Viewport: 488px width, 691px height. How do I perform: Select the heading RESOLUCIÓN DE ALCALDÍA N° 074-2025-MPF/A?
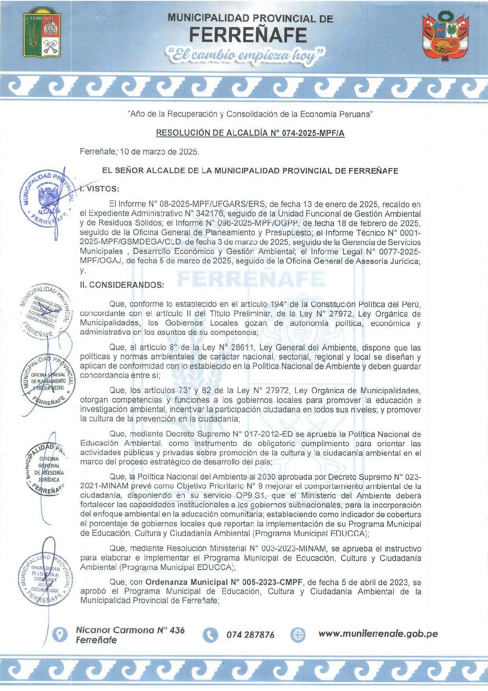tap(250, 133)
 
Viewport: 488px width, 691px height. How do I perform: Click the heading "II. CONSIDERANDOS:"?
tap(122, 284)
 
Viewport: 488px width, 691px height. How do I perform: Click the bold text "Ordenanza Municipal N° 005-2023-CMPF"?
tap(224, 582)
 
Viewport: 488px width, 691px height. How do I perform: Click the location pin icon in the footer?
tap(60, 634)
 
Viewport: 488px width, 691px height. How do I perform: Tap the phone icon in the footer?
tap(210, 635)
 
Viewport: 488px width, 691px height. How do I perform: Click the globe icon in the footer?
tap(298, 635)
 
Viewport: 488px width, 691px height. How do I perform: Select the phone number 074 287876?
tap(250, 635)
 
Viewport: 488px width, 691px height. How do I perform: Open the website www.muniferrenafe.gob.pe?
tap(378, 634)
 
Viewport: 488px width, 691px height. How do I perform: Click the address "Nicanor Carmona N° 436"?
tap(130, 630)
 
